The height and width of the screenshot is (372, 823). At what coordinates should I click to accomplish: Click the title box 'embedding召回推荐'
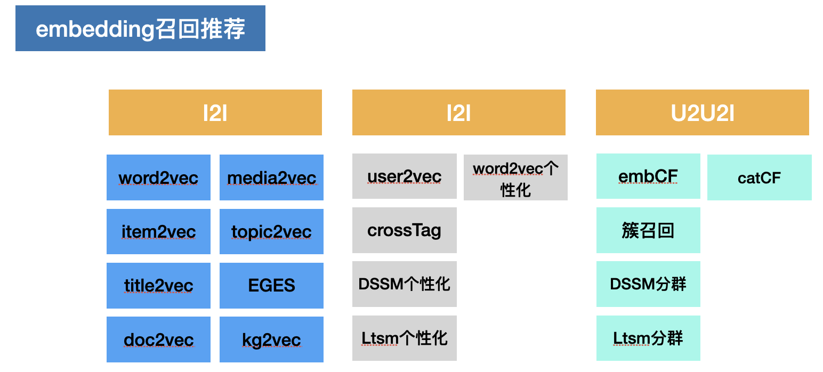tap(140, 28)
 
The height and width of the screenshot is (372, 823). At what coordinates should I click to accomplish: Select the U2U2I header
tap(702, 112)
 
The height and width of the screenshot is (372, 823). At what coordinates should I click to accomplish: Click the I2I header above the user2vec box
tap(458, 112)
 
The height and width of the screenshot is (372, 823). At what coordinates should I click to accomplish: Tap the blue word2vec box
tap(158, 177)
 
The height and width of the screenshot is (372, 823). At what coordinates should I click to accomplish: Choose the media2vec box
tap(271, 177)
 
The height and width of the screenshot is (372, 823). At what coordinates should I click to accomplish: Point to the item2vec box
tap(158, 231)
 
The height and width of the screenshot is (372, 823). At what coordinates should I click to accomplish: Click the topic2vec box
tap(271, 231)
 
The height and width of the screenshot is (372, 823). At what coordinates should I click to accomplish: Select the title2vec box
tap(158, 286)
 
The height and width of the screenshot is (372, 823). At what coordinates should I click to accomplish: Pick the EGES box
tap(271, 286)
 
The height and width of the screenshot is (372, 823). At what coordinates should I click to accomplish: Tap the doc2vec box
tap(158, 339)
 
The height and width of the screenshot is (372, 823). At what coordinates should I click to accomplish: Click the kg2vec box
tap(271, 339)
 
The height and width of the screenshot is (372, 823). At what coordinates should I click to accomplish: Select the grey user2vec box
tap(404, 176)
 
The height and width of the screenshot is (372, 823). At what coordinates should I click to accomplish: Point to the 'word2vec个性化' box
tap(515, 177)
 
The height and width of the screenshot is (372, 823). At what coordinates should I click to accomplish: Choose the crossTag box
tap(404, 230)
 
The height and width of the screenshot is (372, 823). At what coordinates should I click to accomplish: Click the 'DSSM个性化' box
tap(404, 284)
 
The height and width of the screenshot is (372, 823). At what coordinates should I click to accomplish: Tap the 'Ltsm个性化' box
tap(404, 338)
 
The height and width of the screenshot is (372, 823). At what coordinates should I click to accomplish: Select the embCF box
tap(648, 176)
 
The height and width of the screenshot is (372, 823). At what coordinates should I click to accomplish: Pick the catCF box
tap(759, 177)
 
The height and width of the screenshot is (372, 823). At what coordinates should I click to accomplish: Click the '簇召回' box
tap(648, 230)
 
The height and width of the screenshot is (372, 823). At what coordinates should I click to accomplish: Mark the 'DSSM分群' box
tap(648, 284)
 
